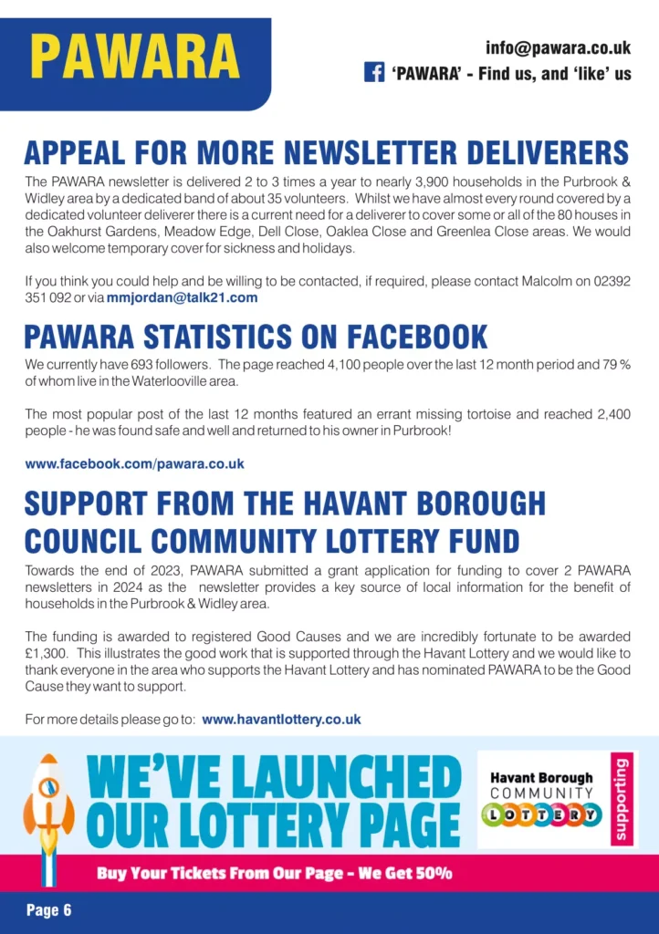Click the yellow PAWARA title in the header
coord(135,57)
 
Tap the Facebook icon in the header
coord(374,73)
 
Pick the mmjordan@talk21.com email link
coord(183,297)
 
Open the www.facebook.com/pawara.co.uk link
coord(134,463)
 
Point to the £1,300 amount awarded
coord(45,654)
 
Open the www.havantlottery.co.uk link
coord(281,720)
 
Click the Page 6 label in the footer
coord(48,910)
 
